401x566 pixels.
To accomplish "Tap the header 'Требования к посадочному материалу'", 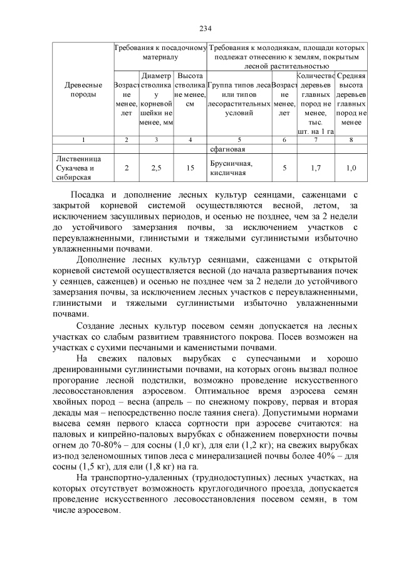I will (x=160, y=52).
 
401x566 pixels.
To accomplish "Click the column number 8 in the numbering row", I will (x=352, y=139).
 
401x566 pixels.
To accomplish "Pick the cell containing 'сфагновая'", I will (x=227, y=149).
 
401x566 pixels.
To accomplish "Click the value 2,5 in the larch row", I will (x=157, y=168).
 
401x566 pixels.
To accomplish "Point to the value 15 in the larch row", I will (x=190, y=168).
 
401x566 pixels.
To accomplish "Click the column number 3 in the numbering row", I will (x=157, y=139).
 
